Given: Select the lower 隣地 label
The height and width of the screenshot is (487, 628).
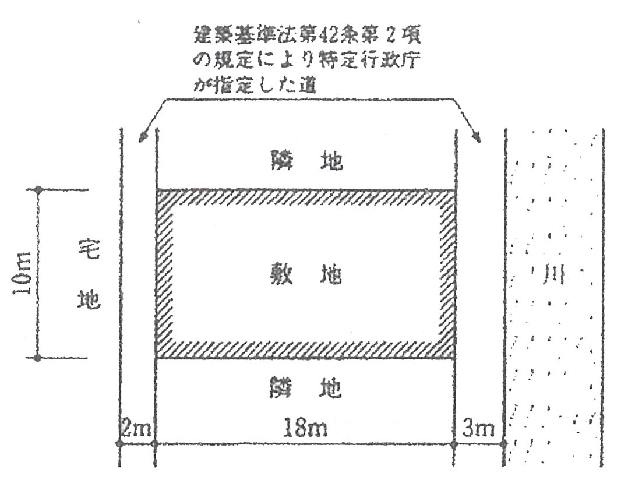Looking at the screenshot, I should click(x=306, y=387).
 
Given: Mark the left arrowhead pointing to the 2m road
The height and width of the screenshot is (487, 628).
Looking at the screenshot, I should click(x=140, y=138).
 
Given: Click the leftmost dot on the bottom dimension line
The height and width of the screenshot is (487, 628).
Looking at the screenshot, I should click(x=119, y=444).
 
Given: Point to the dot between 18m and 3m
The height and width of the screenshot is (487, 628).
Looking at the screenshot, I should click(x=454, y=444).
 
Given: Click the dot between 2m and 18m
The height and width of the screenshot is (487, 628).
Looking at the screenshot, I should click(x=155, y=444).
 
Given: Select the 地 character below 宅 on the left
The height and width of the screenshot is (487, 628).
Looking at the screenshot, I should click(x=89, y=299).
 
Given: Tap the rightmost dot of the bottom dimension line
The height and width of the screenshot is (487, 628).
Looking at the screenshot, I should click(x=503, y=444).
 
